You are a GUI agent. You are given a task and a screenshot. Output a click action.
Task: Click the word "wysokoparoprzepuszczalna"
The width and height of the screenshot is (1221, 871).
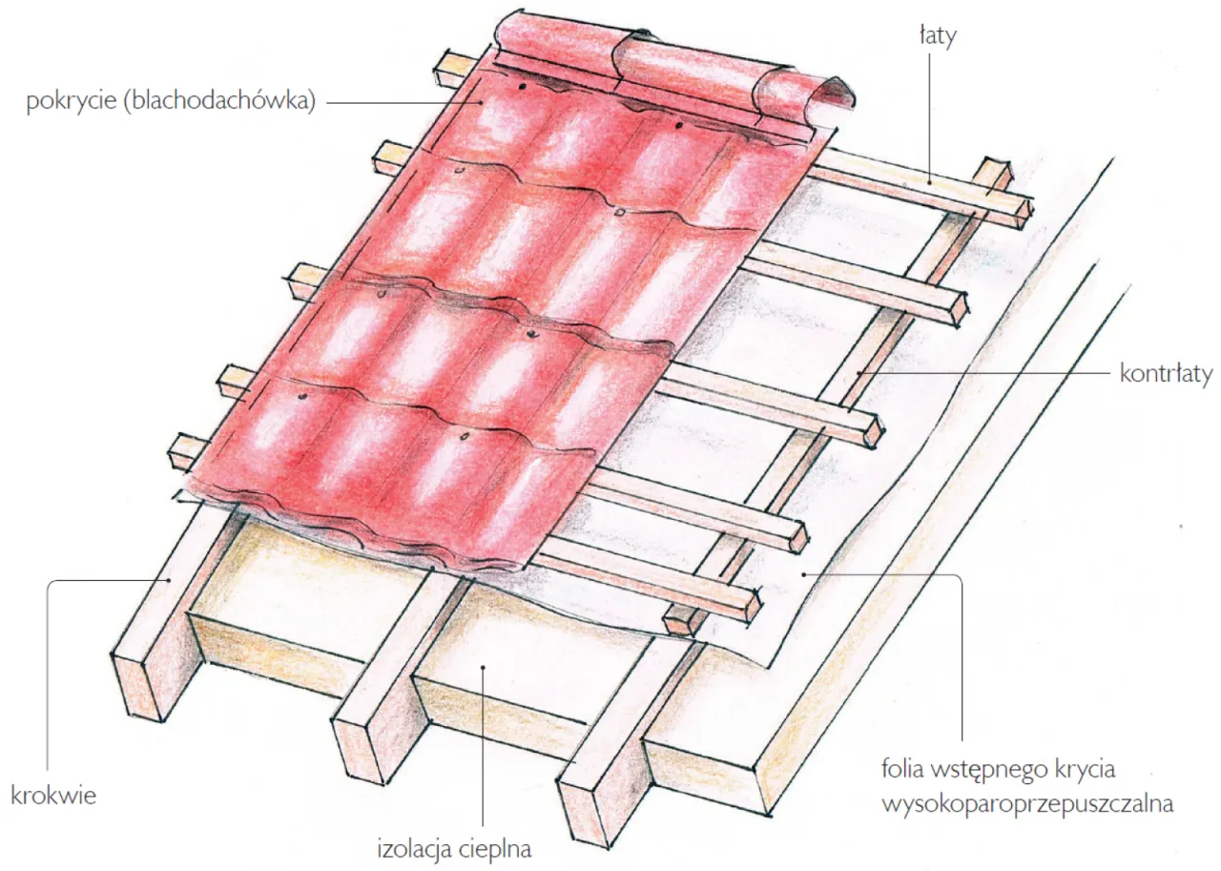(1026, 804)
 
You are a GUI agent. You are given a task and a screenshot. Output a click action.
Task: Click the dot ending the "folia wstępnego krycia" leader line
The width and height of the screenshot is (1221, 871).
(804, 574)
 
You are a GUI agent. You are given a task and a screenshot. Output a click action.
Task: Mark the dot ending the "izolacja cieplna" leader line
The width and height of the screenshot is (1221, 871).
(484, 667)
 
